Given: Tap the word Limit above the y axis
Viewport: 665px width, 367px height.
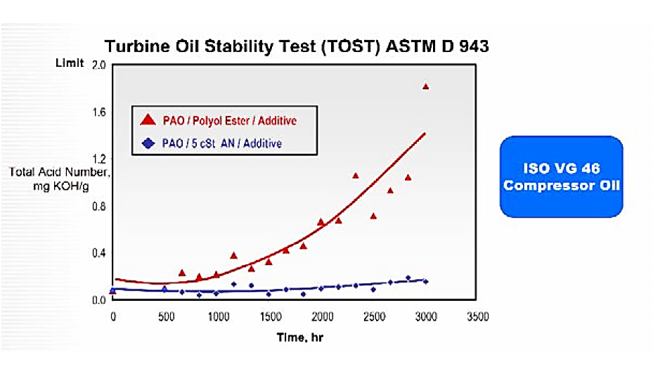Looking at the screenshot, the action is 70,63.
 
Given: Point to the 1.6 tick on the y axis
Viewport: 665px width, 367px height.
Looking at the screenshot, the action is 99,112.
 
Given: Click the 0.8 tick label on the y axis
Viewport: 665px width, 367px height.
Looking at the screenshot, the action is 99,207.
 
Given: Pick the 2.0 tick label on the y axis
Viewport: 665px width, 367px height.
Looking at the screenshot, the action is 99,65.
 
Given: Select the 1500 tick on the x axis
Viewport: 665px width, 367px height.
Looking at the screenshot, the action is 271,317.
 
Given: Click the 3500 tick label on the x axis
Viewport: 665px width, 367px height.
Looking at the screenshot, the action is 478,317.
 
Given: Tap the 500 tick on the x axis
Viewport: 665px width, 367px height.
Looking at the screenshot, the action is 166,317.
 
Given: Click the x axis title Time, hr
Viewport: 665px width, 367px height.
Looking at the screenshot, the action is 300,337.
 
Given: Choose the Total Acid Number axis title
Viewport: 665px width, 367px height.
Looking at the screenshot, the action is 59,179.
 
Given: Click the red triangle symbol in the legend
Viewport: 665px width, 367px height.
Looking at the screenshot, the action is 148,120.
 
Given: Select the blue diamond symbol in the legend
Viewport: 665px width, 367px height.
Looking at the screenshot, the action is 148,143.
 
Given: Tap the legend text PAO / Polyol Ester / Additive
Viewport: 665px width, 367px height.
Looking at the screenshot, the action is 229,121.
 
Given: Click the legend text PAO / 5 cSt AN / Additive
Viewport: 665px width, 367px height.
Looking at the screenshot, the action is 222,143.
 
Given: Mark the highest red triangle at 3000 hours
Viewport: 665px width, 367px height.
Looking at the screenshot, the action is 426,86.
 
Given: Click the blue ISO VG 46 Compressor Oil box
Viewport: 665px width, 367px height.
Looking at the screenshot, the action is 562,176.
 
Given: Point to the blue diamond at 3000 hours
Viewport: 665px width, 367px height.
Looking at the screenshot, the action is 426,282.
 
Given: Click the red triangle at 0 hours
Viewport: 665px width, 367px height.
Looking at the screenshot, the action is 112,291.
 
